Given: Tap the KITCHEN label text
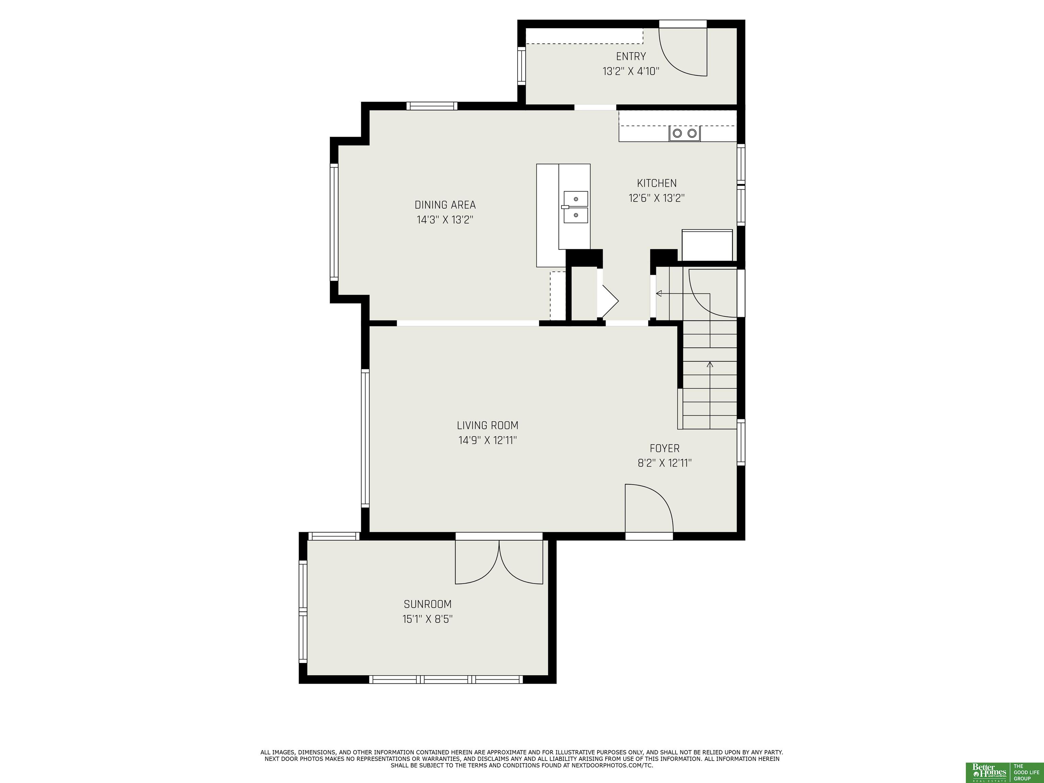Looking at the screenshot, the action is click(x=657, y=183).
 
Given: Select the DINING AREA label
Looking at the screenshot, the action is click(x=445, y=205).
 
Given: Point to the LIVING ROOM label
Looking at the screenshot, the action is click(x=488, y=425).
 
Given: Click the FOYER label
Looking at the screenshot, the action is click(x=664, y=448).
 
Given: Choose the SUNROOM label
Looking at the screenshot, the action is click(x=428, y=604).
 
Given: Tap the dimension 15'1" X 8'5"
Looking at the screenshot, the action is click(x=428, y=619).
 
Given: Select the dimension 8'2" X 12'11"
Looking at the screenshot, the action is click(x=664, y=463).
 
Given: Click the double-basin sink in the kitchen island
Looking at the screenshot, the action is click(x=575, y=207).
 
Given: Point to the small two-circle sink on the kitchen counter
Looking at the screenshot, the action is click(x=684, y=134).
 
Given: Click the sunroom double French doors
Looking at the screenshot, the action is click(x=499, y=562).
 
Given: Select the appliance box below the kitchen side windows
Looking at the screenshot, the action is click(x=707, y=245).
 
